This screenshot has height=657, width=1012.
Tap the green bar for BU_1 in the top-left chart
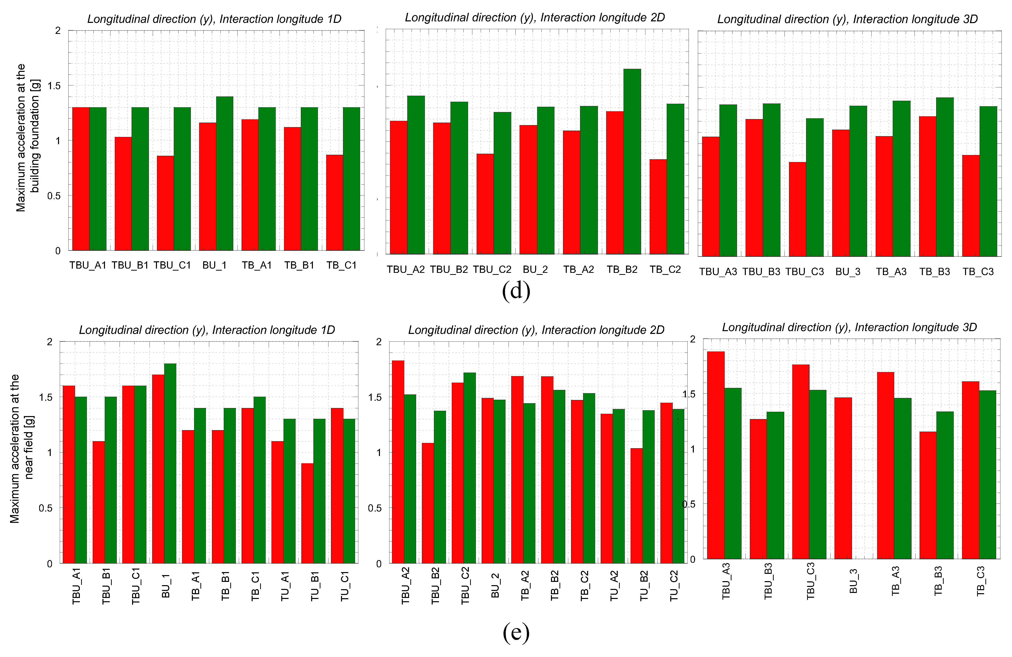(x=224, y=174)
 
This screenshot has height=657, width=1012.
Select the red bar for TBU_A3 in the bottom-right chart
(x=716, y=455)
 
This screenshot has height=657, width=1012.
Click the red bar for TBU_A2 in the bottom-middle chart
(x=398, y=462)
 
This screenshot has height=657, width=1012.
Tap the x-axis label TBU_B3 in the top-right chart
(x=761, y=272)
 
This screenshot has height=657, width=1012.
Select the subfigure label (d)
(x=516, y=291)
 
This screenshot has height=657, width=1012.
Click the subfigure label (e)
(x=516, y=633)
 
